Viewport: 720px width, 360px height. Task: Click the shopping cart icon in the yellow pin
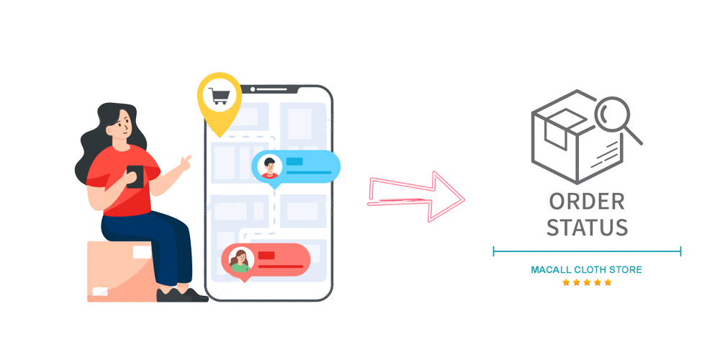(x=219, y=96)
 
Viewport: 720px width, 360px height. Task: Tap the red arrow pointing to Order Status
(x=415, y=196)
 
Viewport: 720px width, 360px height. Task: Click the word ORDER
(x=586, y=202)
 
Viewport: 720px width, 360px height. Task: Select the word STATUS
(x=586, y=228)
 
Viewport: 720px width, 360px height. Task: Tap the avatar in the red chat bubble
(x=239, y=260)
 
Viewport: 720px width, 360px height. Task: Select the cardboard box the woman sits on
(x=115, y=270)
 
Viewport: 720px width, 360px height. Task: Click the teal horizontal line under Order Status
(x=586, y=251)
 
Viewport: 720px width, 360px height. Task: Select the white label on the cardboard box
(x=99, y=291)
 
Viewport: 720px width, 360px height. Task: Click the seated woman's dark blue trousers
(x=155, y=245)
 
